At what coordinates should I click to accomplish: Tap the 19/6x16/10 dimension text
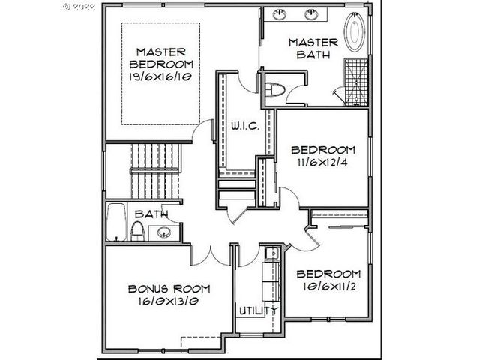(x=160, y=77)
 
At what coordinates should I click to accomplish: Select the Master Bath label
(x=313, y=48)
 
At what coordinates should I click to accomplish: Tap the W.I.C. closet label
(x=245, y=126)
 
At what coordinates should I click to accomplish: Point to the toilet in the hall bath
(x=138, y=231)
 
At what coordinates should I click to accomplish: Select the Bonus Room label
(x=168, y=289)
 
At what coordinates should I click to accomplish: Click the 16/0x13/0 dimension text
(x=168, y=302)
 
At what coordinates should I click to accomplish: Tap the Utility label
(x=257, y=310)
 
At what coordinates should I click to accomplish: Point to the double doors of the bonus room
(x=211, y=255)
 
